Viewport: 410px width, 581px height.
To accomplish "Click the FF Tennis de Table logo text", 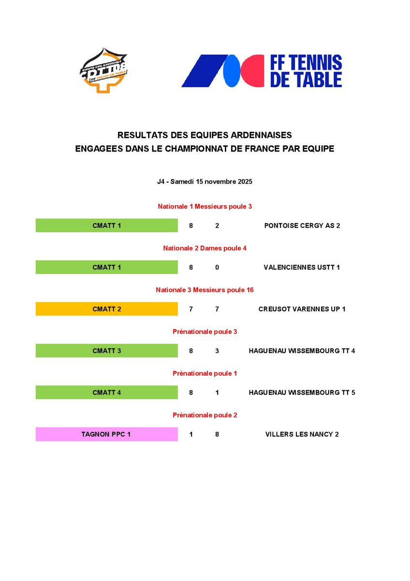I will tap(306, 71).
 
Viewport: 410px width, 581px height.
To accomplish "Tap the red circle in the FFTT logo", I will tap(251, 71).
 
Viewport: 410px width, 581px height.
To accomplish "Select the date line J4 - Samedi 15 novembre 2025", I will tap(205, 182).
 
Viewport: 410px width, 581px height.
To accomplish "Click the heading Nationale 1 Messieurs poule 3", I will tap(205, 206).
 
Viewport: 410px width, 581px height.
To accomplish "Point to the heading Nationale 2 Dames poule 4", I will tap(205, 248).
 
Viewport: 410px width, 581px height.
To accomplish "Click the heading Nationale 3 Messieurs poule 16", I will tap(205, 290).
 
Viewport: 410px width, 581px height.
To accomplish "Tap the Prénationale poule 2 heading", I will tap(205, 415).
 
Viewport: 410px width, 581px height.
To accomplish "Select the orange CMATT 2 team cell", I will tap(107, 309).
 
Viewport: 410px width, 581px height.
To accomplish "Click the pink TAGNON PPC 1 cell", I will tap(107, 434).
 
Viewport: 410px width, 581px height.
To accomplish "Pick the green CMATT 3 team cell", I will tap(107, 351).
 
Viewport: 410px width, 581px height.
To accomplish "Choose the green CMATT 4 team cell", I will tap(107, 392).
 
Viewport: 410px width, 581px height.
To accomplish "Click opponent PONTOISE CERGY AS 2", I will tap(302, 226).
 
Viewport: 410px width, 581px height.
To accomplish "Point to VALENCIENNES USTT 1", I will tap(302, 267).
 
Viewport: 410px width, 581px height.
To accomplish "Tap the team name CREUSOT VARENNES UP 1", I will tap(302, 309).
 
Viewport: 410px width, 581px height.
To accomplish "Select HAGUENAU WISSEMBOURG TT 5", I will tap(302, 392).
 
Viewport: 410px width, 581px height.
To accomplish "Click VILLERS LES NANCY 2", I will tap(302, 434).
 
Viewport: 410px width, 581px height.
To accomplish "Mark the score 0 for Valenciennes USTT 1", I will tap(217, 267).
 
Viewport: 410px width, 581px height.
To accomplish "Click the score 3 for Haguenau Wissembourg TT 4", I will tap(217, 351).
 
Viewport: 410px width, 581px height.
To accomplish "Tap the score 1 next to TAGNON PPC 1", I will tap(191, 434).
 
